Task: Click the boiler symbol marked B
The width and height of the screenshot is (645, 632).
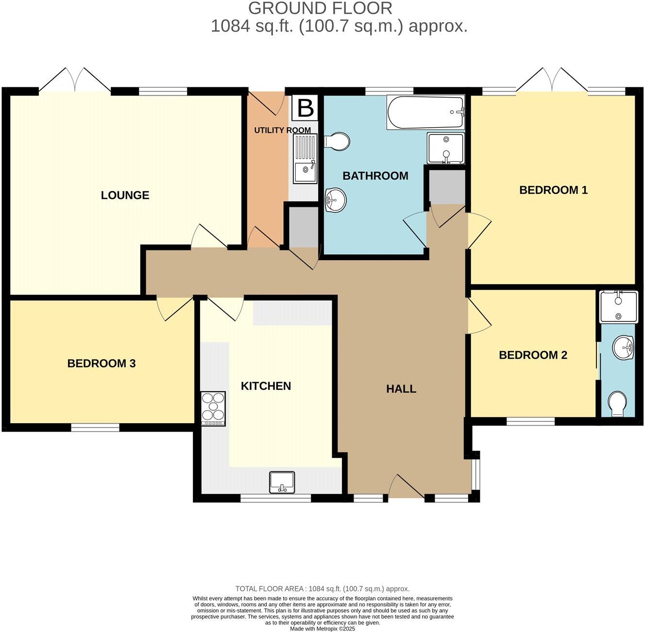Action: pyautogui.click(x=305, y=108)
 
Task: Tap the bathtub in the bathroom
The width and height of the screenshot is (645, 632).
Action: pyautogui.click(x=425, y=113)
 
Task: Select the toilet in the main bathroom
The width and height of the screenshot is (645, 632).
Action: pyautogui.click(x=337, y=141)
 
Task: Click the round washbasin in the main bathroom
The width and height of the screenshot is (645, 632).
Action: pyautogui.click(x=335, y=199)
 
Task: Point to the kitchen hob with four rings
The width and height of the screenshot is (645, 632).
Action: pyautogui.click(x=213, y=408)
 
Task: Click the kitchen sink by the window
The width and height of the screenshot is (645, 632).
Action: pyautogui.click(x=282, y=482)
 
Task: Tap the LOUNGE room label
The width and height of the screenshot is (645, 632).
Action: pyautogui.click(x=125, y=195)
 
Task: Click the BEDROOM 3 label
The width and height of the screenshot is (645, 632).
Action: pyautogui.click(x=101, y=363)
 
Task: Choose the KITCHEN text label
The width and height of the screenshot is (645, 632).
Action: pyautogui.click(x=266, y=386)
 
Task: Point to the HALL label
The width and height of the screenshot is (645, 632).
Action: pyautogui.click(x=401, y=389)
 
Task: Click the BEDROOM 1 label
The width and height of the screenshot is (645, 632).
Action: pyautogui.click(x=553, y=190)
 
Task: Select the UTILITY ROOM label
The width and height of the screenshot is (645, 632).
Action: pyautogui.click(x=282, y=130)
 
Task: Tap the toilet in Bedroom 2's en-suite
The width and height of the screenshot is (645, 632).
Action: pyautogui.click(x=617, y=403)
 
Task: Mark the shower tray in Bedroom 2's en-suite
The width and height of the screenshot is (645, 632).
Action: pyautogui.click(x=618, y=307)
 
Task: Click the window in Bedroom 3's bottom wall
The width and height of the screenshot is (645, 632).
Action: pyautogui.click(x=95, y=428)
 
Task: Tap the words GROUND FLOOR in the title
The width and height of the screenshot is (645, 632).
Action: pyautogui.click(x=320, y=8)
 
